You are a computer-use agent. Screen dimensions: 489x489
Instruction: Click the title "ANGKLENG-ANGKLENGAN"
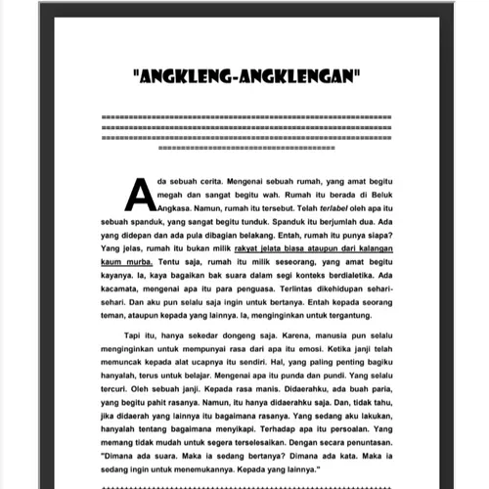pyautogui.click(x=244, y=74)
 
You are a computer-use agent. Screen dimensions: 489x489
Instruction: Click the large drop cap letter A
pyautogui.click(x=139, y=193)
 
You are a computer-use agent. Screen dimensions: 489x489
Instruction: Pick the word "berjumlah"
pyautogui.click(x=329, y=222)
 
